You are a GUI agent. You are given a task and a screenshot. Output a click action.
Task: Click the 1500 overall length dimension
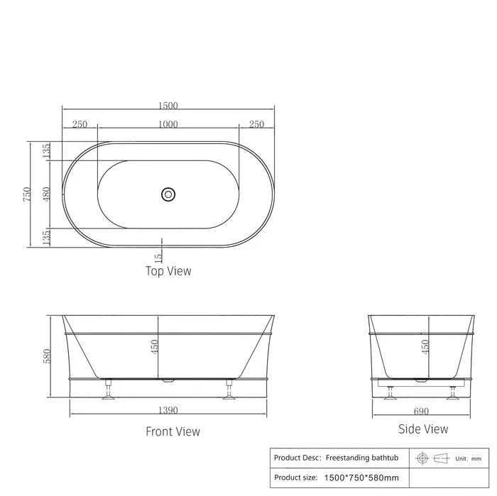[x=168, y=106]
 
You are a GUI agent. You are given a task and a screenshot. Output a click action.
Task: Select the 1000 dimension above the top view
[x=168, y=124]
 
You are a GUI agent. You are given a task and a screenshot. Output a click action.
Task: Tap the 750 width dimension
[x=27, y=194]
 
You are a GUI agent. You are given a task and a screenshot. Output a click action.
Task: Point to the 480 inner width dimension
[x=46, y=194]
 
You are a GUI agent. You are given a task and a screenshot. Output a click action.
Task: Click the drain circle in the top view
[x=168, y=194]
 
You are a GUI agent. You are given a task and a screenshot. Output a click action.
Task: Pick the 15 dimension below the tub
[x=158, y=257]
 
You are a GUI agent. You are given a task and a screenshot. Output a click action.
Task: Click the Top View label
[x=168, y=271]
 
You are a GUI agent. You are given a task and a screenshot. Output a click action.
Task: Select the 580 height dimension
[x=47, y=356]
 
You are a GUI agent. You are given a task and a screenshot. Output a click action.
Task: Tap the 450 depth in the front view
[x=154, y=347]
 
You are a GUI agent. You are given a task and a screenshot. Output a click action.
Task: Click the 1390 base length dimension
[x=168, y=410]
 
